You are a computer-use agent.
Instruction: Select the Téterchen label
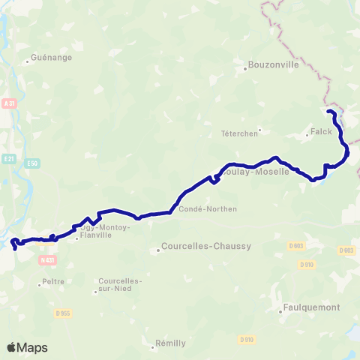coord(239,133)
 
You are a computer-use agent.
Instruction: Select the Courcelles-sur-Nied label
coord(119,286)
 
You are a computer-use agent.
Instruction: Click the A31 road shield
coord(9,103)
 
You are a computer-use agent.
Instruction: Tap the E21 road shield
coord(9,158)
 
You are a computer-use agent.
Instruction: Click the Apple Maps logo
coord(27,347)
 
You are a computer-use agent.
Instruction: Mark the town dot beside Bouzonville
coord(245,70)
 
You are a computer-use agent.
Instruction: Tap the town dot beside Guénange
coord(27,61)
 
